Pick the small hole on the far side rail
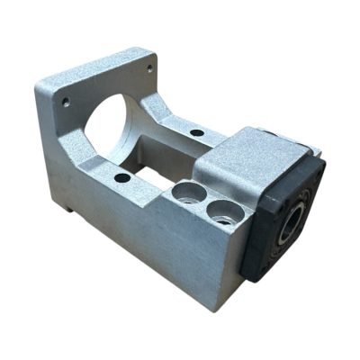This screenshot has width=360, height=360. tap(196, 132)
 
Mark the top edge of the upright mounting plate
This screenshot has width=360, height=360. tap(99, 64)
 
